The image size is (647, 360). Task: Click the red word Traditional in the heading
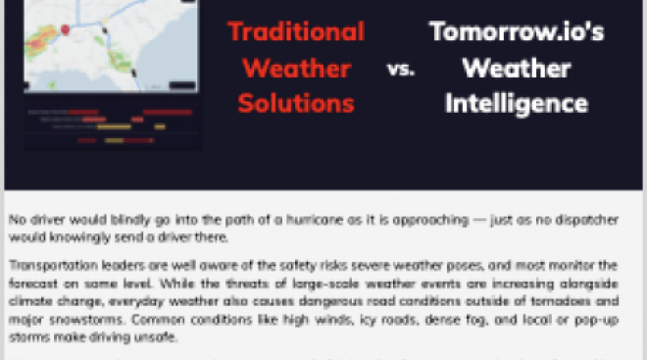pos(295,31)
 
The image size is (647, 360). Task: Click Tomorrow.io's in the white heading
pos(516,31)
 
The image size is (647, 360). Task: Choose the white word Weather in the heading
pos(516,68)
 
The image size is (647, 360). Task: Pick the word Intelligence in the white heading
pos(516,102)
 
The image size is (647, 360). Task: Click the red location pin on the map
pos(66,28)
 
